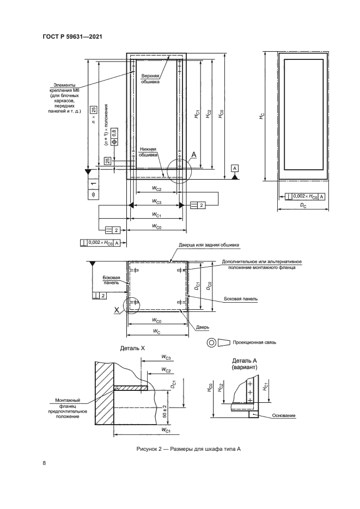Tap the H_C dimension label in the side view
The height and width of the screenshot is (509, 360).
261,117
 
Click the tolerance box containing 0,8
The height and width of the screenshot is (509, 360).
115,134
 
